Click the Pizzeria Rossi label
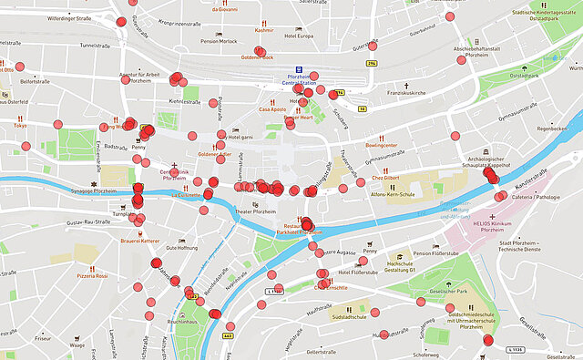[91, 275]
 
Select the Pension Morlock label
[219, 41]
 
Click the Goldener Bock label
[257, 57]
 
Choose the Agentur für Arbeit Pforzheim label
[134, 77]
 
